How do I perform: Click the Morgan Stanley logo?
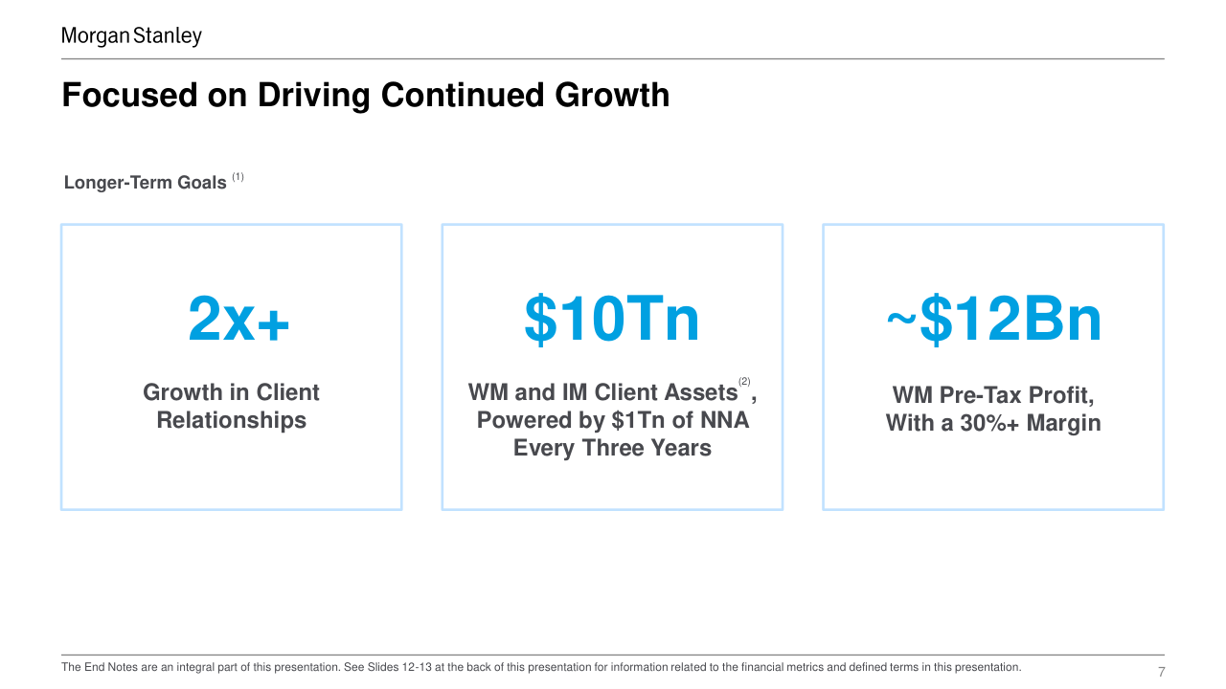[x=131, y=36]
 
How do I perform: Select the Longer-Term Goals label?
[x=145, y=182]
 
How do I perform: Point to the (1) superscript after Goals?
[x=238, y=177]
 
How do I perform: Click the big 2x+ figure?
[x=238, y=320]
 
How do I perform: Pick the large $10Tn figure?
[x=611, y=320]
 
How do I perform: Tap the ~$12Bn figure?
[x=993, y=320]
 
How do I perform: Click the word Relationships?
[x=231, y=420]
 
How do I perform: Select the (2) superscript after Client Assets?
[x=744, y=382]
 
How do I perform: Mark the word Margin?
[x=1063, y=423]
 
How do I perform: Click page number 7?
[x=1162, y=672]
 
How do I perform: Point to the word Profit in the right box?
[x=1059, y=395]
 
